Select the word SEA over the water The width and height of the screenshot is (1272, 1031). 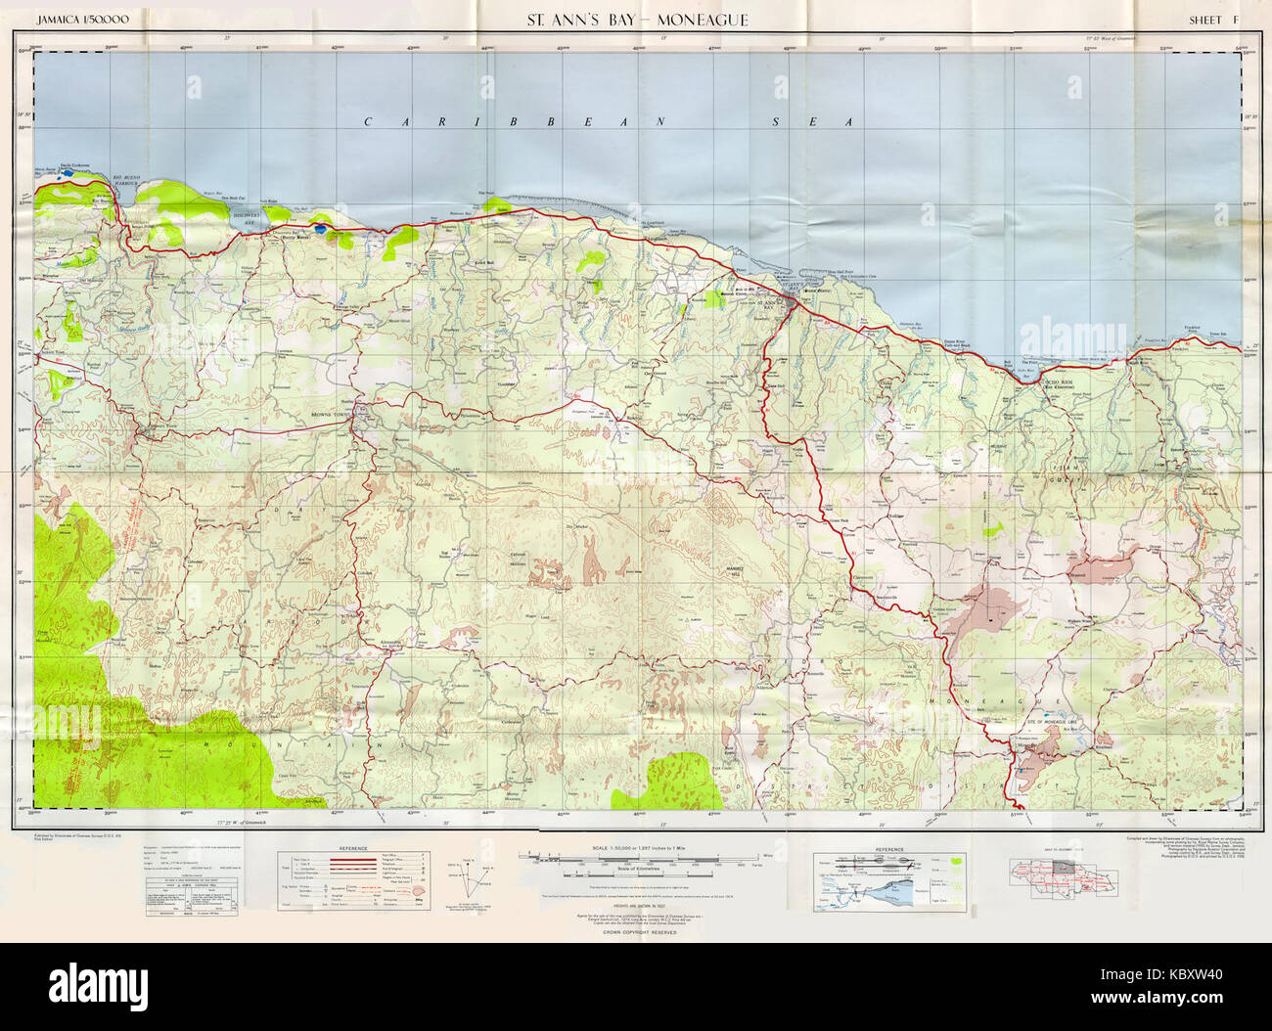812,122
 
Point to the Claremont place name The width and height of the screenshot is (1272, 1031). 862,578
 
